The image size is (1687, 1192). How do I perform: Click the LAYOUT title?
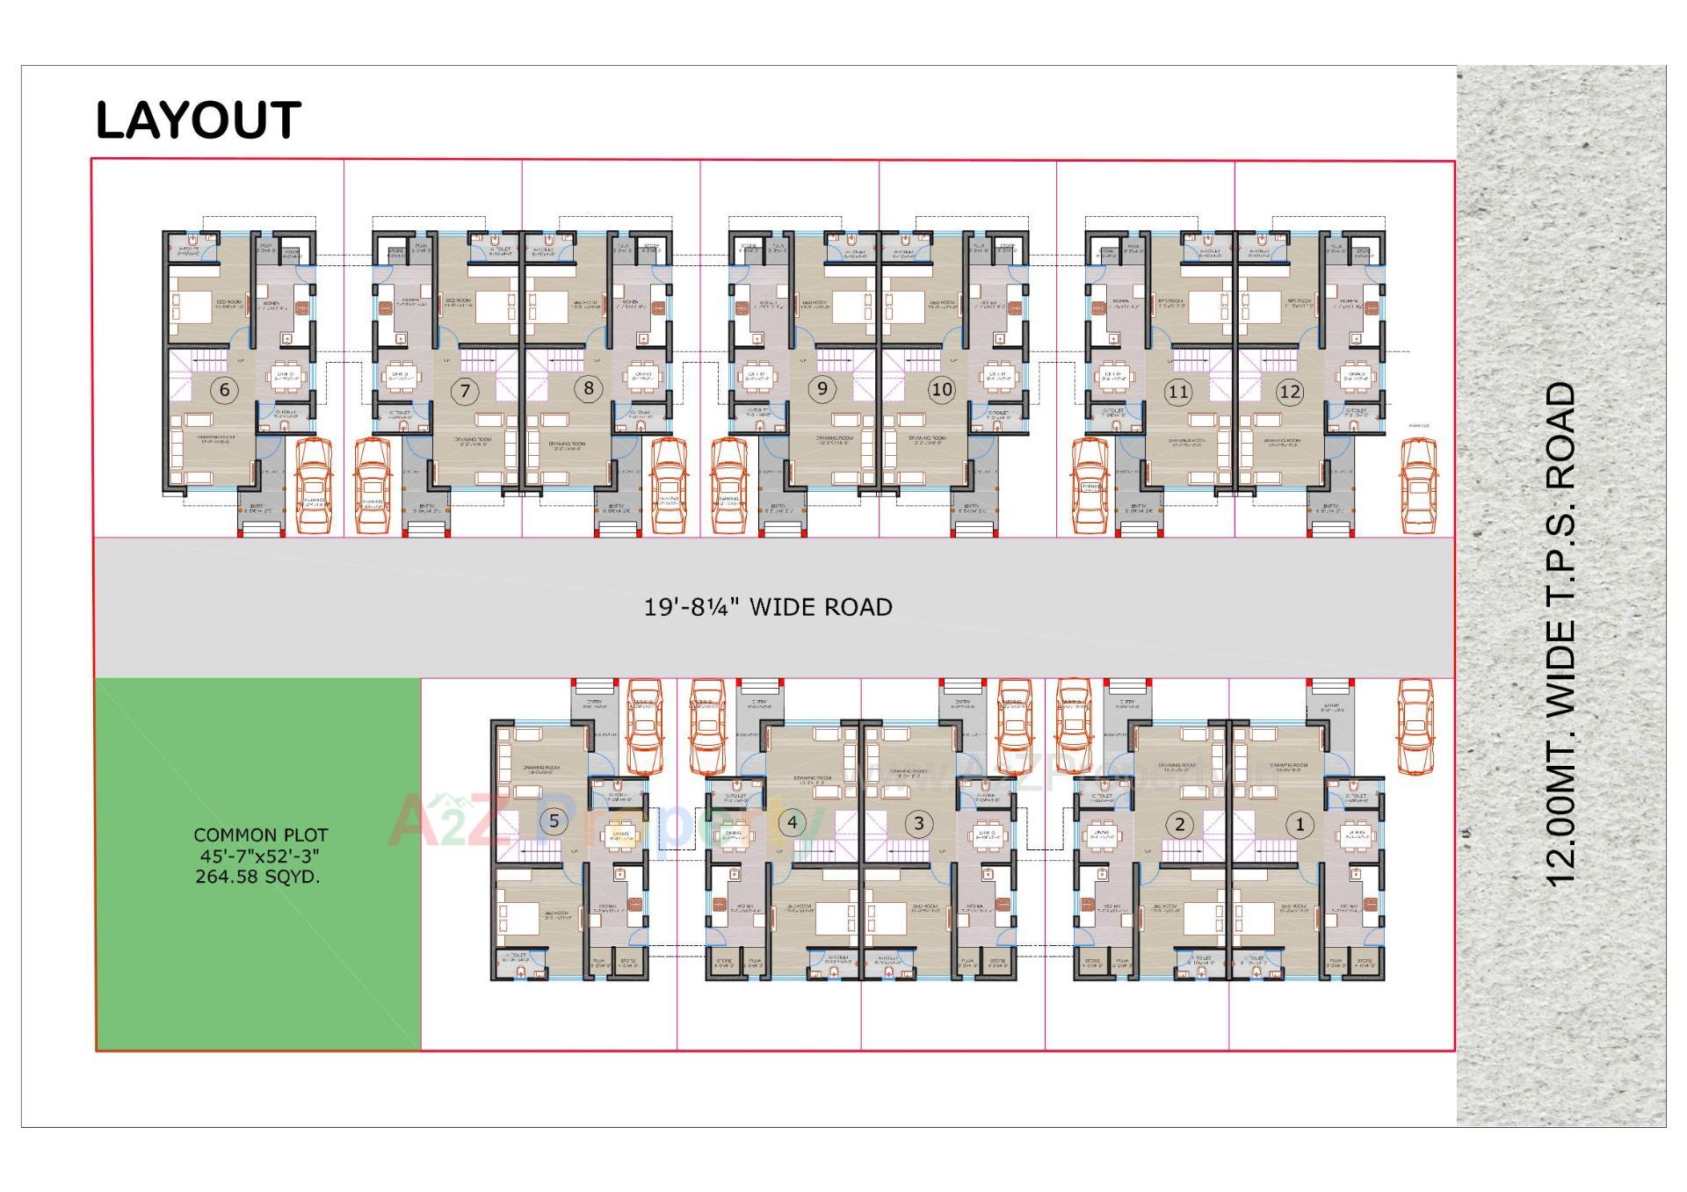(198, 120)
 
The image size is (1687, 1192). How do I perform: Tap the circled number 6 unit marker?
(225, 390)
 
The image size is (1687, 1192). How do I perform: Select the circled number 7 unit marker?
(465, 391)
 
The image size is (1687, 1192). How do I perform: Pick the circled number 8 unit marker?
(588, 388)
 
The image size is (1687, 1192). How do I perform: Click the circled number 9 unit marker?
(822, 388)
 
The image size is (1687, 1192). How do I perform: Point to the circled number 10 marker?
(941, 389)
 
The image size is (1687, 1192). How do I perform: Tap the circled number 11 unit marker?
(1178, 392)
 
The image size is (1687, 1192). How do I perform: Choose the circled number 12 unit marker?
(1289, 392)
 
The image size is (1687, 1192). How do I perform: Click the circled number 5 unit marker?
(554, 821)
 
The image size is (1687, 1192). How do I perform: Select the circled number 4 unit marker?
(793, 822)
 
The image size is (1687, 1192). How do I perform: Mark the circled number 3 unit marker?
(919, 823)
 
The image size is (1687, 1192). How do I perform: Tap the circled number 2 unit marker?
(1180, 824)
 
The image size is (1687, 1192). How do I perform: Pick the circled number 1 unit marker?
(1300, 824)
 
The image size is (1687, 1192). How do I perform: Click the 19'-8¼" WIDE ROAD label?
(768, 607)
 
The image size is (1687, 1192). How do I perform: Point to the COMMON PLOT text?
(261, 835)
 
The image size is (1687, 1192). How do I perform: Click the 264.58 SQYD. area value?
(257, 877)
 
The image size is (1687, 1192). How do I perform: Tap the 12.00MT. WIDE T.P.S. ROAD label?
(1561, 632)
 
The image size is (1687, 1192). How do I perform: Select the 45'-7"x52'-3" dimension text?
(259, 856)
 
